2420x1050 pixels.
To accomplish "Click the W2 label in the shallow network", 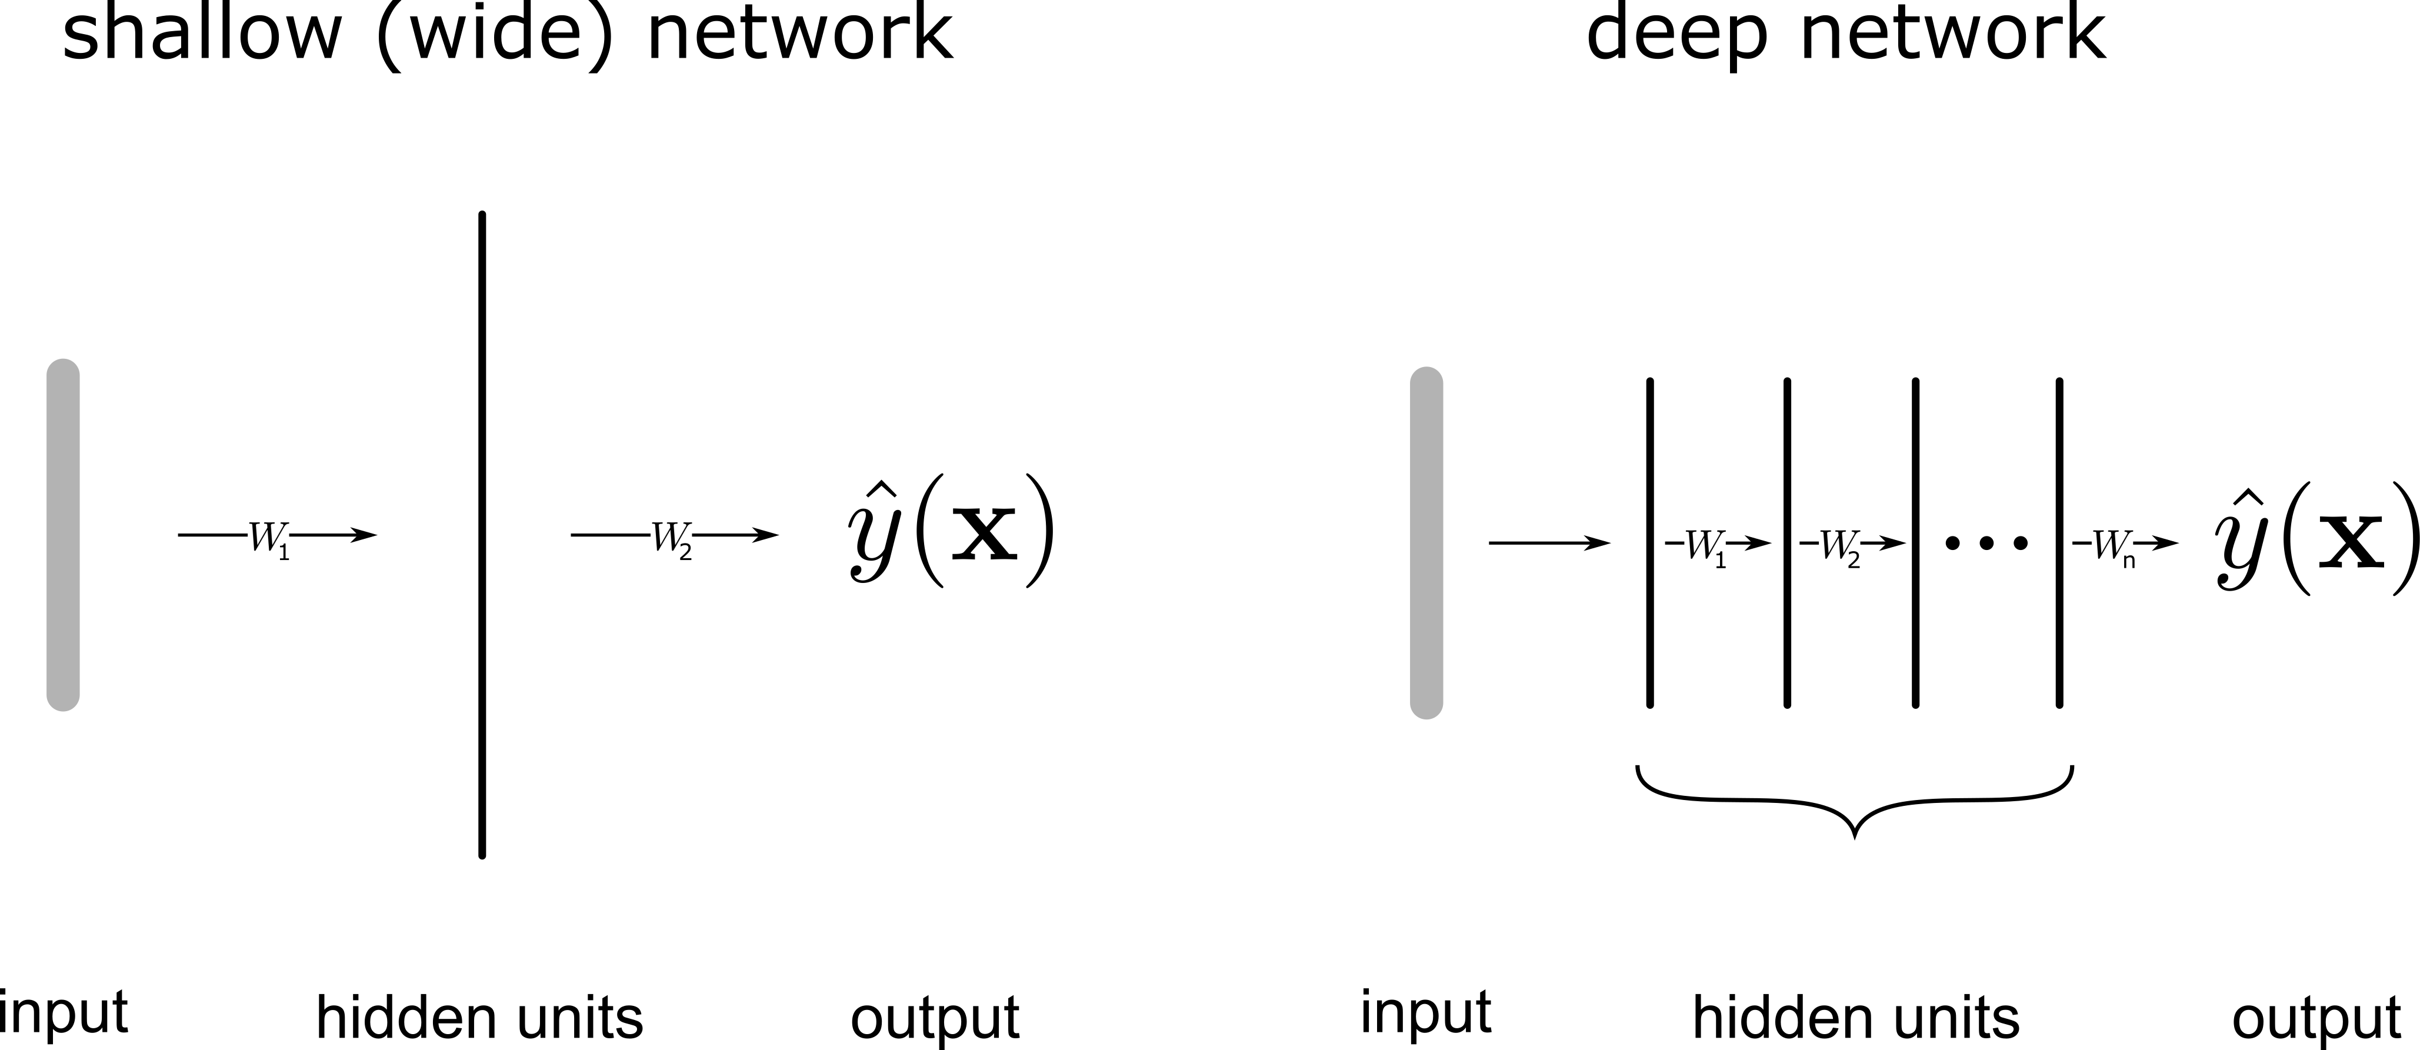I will click(672, 538).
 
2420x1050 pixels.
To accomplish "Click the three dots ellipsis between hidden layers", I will click(1986, 543).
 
